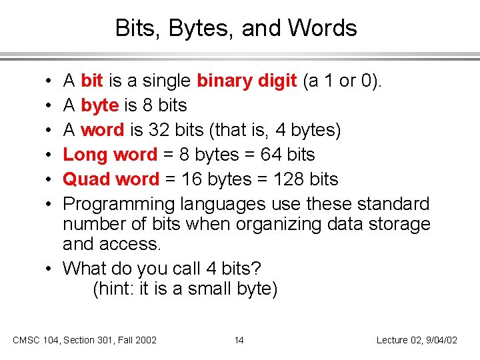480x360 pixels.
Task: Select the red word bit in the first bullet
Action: [x=91, y=81]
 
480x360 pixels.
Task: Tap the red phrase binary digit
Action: [x=247, y=81]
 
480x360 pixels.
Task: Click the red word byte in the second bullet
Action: [x=99, y=105]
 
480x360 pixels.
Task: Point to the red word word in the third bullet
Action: [x=103, y=130]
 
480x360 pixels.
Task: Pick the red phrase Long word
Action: [x=111, y=155]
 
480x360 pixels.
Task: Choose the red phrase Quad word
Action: [x=111, y=179]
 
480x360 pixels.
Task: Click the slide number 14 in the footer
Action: [x=239, y=340]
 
